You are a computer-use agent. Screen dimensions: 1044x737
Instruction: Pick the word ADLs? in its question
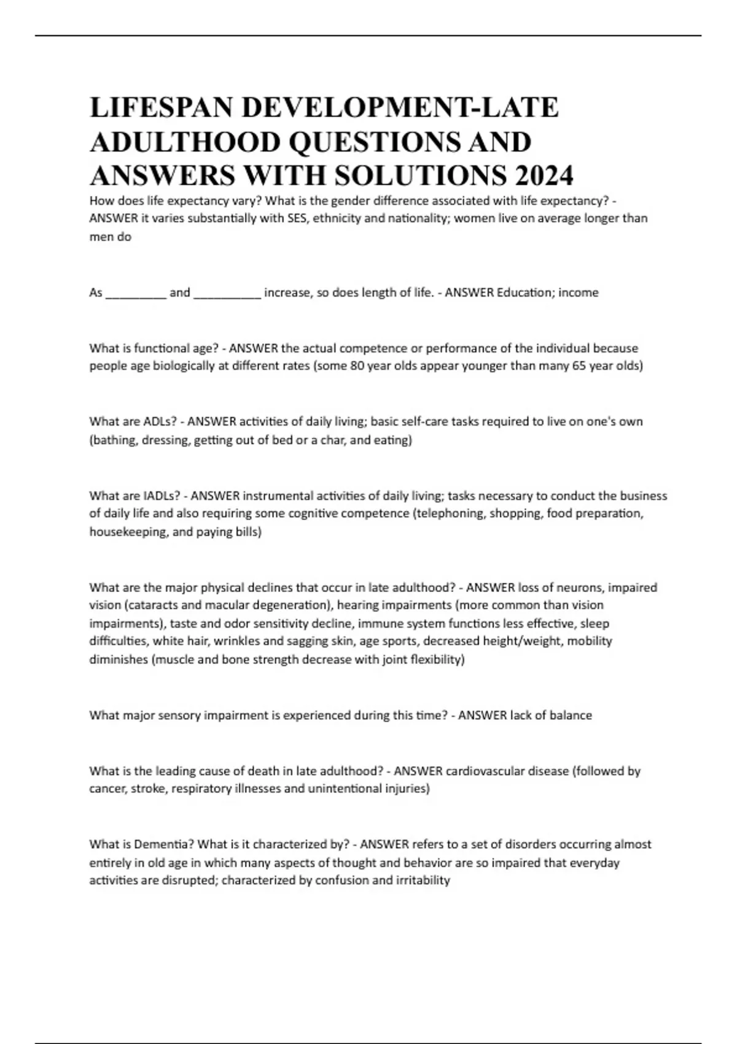(161, 421)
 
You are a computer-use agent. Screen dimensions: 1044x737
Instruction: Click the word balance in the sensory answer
(571, 715)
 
